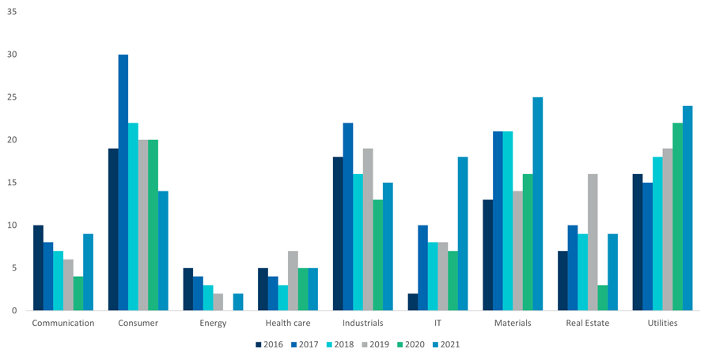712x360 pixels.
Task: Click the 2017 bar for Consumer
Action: tap(123, 183)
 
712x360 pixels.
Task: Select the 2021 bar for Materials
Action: tap(538, 204)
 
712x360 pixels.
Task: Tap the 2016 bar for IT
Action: tap(412, 301)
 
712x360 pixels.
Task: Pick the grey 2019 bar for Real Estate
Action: tap(593, 242)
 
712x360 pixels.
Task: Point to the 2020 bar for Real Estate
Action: tap(603, 297)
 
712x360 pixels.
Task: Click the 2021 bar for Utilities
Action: tap(687, 208)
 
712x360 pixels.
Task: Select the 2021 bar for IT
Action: tap(463, 233)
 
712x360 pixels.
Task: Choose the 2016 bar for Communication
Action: tap(38, 268)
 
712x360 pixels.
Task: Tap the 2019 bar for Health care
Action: tap(293, 281)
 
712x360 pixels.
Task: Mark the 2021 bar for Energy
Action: tap(238, 302)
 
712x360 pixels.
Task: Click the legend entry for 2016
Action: tap(269, 344)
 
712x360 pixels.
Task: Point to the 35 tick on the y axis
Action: tap(12, 12)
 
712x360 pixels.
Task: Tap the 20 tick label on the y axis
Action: tap(12, 140)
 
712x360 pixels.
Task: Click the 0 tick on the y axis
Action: tap(14, 311)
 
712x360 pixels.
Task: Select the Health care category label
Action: tap(288, 323)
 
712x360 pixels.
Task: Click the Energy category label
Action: tap(213, 323)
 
